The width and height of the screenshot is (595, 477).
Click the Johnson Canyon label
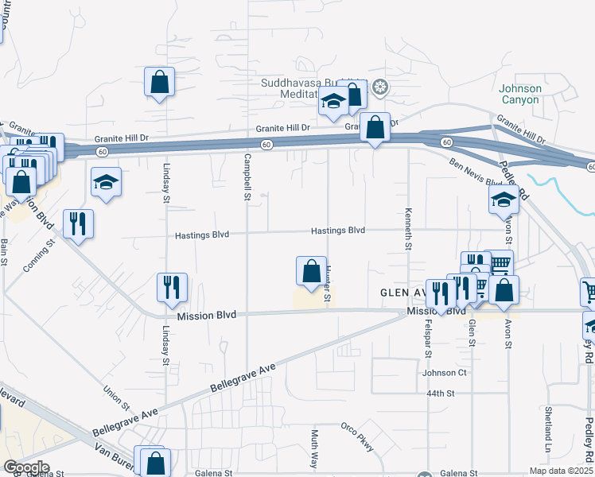coord(520,94)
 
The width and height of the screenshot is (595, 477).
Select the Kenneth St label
coord(408,230)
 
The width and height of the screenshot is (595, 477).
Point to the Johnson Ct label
coord(444,372)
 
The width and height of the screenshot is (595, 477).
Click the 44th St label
coord(438,394)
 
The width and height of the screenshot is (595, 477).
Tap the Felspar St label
coord(427,341)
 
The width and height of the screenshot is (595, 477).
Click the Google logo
coord(26,467)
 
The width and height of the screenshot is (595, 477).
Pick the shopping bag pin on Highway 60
coord(374,127)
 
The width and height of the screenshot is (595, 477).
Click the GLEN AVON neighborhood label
coord(402,292)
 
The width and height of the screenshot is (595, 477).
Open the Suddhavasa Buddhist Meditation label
coord(310,88)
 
